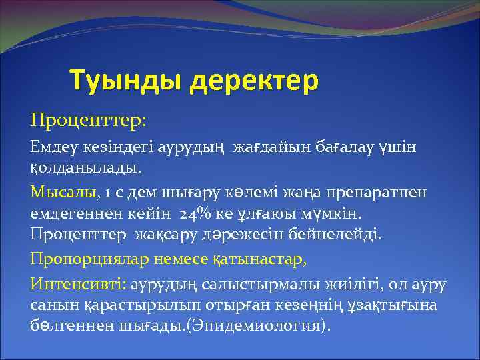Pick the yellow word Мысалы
pyautogui.click(x=64, y=193)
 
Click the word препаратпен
pyautogui.click(x=381, y=193)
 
